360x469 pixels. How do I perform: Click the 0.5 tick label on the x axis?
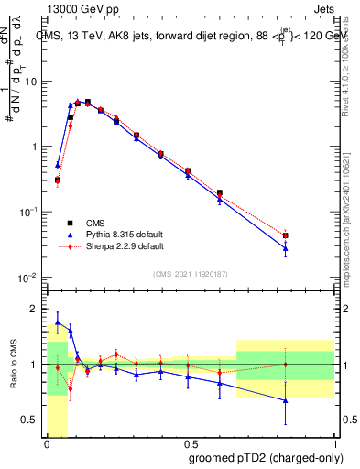[190, 443]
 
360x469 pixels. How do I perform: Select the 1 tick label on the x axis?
[333, 443]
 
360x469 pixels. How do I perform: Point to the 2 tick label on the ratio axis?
[35, 308]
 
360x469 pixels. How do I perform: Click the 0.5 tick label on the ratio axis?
[30, 421]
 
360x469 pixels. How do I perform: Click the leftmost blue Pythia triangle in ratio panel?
[58, 322]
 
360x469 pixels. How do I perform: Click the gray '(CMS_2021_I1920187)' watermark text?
[190, 273]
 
